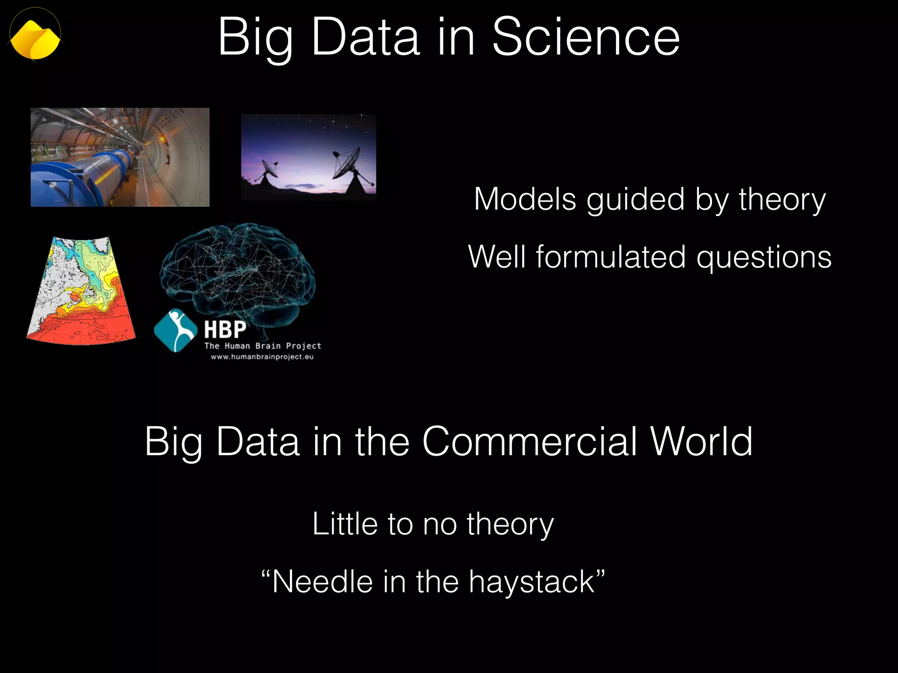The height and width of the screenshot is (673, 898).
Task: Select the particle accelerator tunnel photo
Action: pos(120,157)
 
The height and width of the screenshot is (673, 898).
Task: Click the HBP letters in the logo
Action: pos(225,329)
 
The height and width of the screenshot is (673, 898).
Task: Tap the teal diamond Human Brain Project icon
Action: pos(175,330)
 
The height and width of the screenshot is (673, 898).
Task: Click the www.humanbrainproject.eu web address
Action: pos(262,357)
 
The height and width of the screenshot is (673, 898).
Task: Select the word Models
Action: pos(525,199)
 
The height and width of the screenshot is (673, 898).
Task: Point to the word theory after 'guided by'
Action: pos(782,199)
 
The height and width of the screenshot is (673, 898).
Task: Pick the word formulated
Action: pos(611,257)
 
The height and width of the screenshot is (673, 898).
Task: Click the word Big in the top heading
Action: pos(255,39)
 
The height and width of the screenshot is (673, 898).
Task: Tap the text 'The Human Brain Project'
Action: pos(263,346)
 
